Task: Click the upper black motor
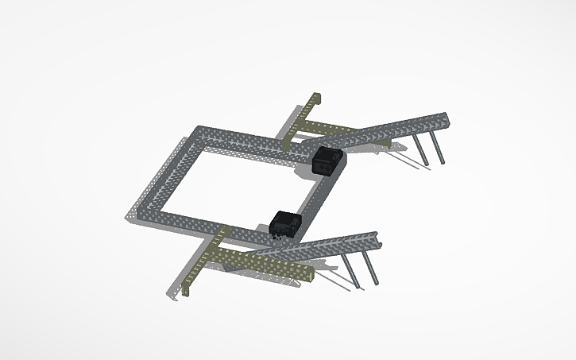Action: tap(327, 160)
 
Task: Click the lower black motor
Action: tap(284, 223)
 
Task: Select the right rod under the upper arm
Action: tap(438, 149)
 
